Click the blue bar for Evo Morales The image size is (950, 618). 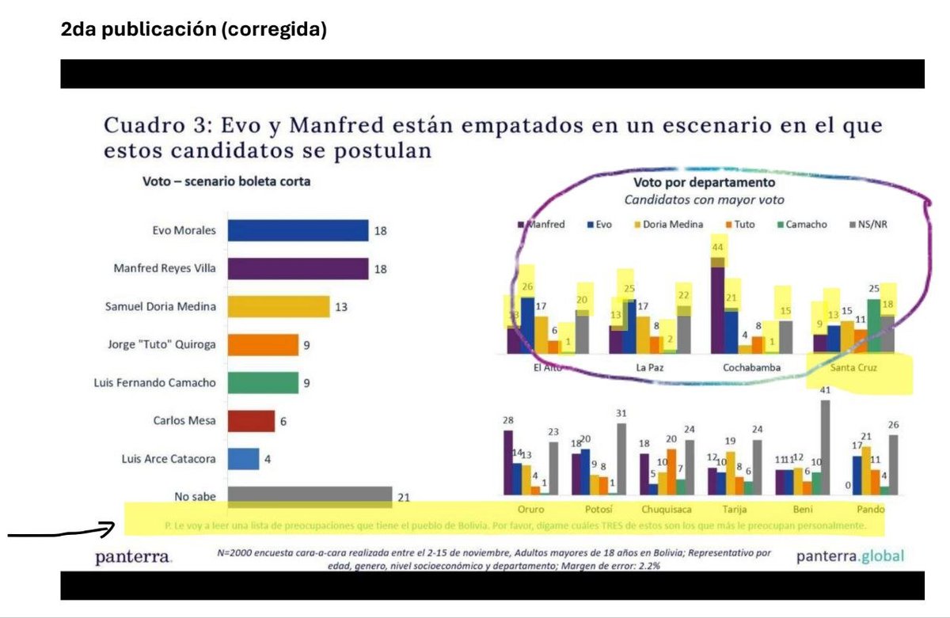pos(298,230)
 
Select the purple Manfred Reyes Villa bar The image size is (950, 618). pos(298,268)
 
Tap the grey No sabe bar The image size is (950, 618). pos(310,496)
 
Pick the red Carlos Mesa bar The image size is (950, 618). pos(251,420)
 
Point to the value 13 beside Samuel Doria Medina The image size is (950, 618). pos(340,306)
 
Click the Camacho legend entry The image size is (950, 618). pos(801,225)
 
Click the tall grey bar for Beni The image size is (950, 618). pos(824,447)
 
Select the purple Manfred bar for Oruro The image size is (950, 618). pos(507,462)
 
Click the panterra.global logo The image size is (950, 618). pos(849,555)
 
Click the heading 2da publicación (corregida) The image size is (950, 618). pos(193,30)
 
